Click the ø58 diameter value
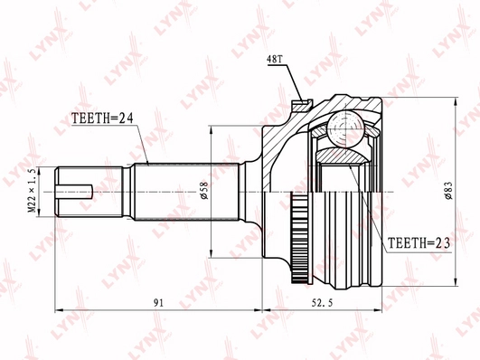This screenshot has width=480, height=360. pos(207,189)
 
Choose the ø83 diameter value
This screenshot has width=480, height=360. pos(449,189)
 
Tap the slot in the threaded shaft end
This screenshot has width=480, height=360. pos(76,190)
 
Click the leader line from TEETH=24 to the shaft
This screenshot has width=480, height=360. pos(139,140)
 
